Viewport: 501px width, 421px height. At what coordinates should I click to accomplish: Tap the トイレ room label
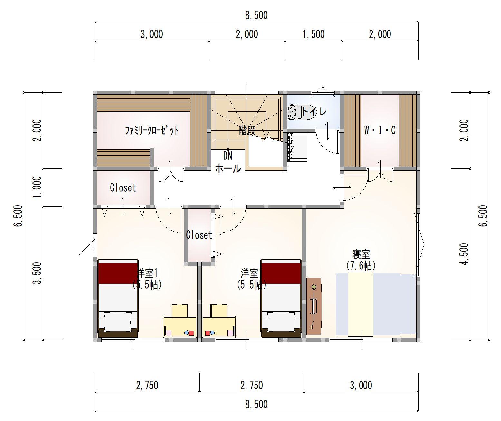(x=314, y=111)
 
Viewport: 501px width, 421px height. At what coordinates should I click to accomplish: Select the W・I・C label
(x=380, y=130)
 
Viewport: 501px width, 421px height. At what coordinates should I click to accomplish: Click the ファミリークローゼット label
(x=152, y=130)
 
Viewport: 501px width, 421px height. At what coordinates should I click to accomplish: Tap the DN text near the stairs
(x=228, y=156)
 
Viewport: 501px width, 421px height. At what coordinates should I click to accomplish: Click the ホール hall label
(x=228, y=168)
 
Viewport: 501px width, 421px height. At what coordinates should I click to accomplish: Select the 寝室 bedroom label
(x=361, y=254)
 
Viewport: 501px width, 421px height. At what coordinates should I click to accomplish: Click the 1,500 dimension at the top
(x=313, y=34)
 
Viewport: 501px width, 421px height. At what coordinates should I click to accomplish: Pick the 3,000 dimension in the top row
(x=152, y=34)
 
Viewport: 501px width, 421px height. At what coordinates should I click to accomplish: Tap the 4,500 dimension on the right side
(x=465, y=254)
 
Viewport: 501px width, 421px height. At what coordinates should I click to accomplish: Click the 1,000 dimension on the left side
(x=37, y=187)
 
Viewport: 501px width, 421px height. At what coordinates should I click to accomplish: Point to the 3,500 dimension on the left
(x=37, y=273)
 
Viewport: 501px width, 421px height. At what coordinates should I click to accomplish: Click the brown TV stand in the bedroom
(x=314, y=306)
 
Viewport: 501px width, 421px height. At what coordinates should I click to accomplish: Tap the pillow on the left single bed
(x=118, y=322)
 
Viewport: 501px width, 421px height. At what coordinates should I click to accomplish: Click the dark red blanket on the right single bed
(x=281, y=273)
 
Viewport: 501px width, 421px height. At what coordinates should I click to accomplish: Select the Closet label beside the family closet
(x=123, y=187)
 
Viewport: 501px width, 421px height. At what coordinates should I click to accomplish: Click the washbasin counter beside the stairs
(x=297, y=147)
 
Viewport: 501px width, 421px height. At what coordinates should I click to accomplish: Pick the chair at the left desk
(x=179, y=311)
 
